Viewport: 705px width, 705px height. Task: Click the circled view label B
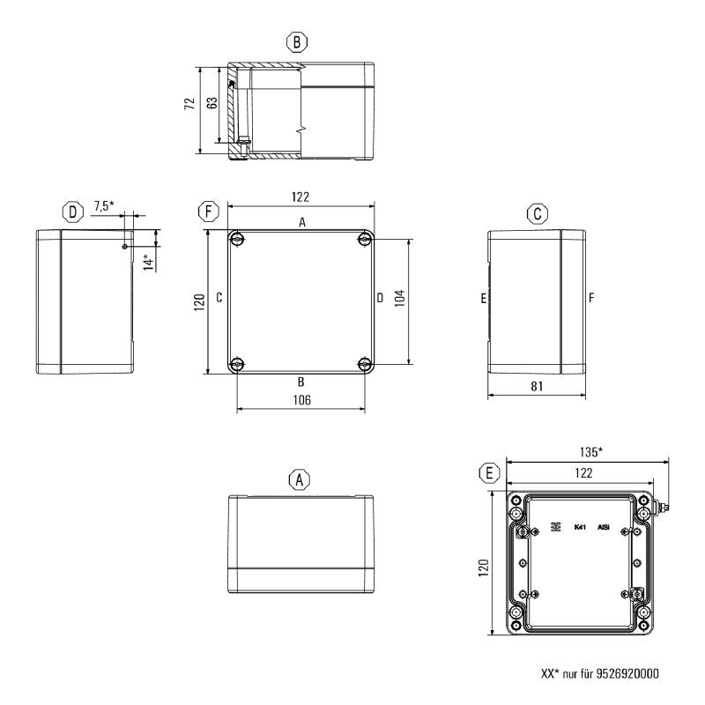click(298, 41)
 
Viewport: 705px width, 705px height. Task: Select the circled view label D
click(72, 211)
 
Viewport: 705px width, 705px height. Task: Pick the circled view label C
click(537, 213)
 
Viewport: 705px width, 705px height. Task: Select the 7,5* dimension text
click(104, 206)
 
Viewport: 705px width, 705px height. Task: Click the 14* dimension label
click(148, 262)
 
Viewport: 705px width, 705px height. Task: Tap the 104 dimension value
click(400, 298)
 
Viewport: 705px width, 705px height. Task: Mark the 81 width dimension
click(538, 385)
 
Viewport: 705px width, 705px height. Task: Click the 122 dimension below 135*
click(580, 472)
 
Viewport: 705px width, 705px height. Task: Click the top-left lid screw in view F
click(237, 239)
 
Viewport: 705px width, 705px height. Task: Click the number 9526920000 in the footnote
click(620, 674)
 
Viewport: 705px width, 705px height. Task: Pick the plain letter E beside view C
click(484, 299)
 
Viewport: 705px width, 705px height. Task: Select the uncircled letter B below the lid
click(301, 382)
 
